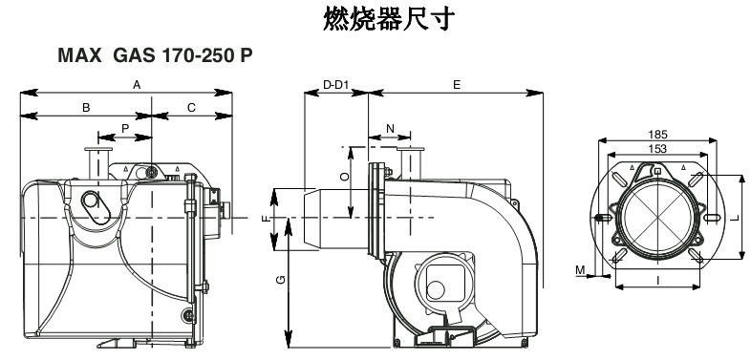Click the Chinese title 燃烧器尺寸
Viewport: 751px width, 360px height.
(x=389, y=19)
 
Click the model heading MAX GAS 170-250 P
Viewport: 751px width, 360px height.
(x=155, y=55)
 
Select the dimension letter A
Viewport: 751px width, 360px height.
(x=137, y=85)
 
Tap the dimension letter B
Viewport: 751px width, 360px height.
(x=86, y=108)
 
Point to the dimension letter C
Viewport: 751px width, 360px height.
(x=191, y=108)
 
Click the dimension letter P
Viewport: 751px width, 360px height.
(x=125, y=128)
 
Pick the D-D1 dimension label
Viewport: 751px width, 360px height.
(x=336, y=85)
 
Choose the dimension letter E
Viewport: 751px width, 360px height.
(x=457, y=85)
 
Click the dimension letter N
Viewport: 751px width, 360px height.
(x=390, y=128)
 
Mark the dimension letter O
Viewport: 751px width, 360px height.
(x=344, y=177)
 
